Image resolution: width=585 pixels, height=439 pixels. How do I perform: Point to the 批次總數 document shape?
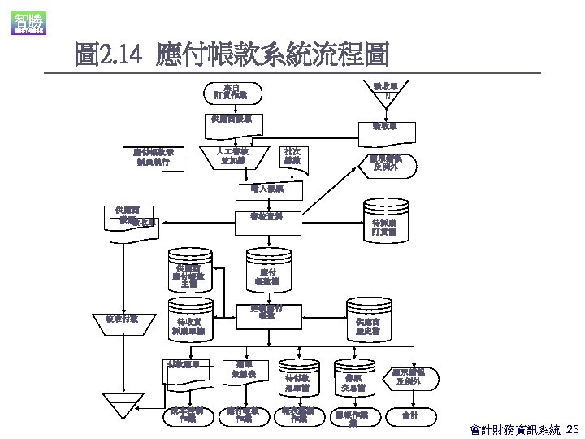point(292,156)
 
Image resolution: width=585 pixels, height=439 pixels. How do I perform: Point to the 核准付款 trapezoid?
point(122,319)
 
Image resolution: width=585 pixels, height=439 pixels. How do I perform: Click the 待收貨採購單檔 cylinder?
point(188,324)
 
